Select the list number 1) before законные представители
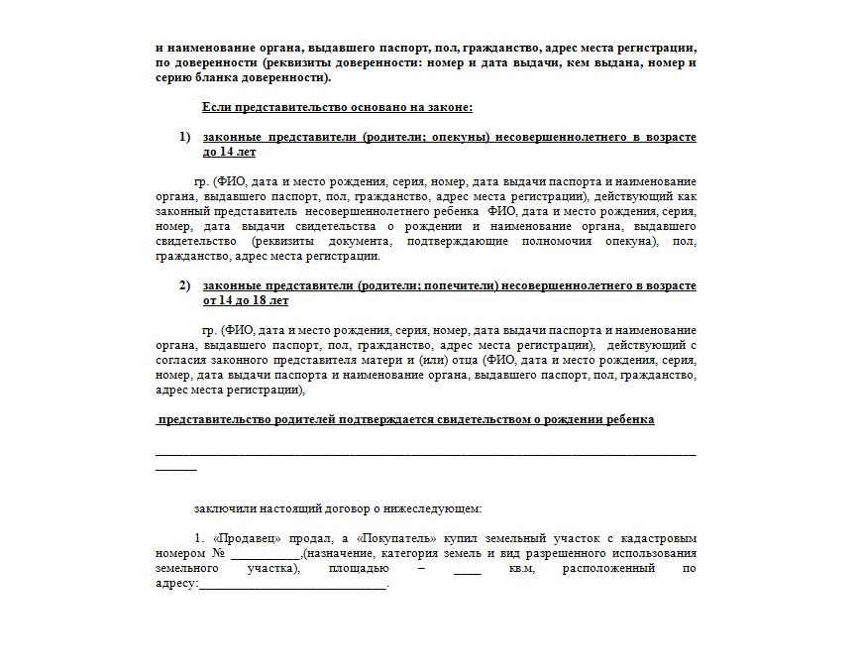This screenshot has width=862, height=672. (x=184, y=137)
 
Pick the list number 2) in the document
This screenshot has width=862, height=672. (x=184, y=286)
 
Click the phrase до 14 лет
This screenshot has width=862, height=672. (x=229, y=153)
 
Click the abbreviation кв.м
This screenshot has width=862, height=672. (x=524, y=570)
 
